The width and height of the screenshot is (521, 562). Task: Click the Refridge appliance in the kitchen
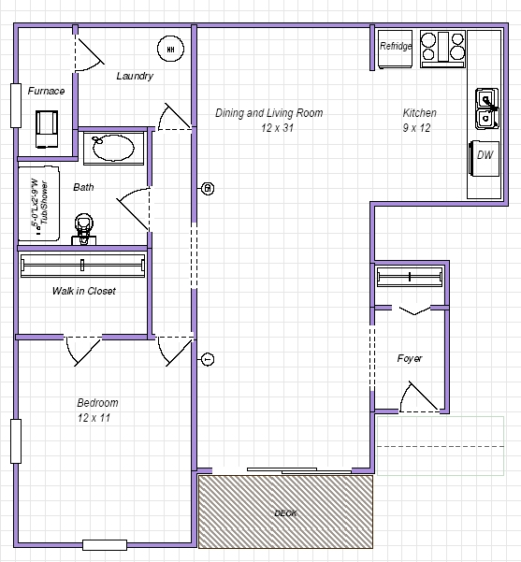pyautogui.click(x=396, y=47)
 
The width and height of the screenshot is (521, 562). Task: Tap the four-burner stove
pyautogui.click(x=442, y=48)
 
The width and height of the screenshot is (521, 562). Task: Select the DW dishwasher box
pyautogui.click(x=485, y=156)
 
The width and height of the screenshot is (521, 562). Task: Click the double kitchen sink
pyautogui.click(x=487, y=108)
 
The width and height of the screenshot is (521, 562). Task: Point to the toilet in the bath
pyautogui.click(x=84, y=227)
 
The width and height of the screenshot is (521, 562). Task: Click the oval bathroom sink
pyautogui.click(x=113, y=148)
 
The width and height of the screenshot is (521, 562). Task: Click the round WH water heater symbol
pyautogui.click(x=170, y=49)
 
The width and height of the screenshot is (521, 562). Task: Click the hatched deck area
pyautogui.click(x=286, y=512)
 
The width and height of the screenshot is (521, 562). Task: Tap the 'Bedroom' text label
pyautogui.click(x=97, y=403)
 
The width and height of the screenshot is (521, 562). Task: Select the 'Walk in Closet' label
pyautogui.click(x=84, y=291)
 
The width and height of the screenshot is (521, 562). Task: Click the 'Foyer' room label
pyautogui.click(x=410, y=358)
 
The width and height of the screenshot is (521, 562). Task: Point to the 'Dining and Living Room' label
pyautogui.click(x=268, y=113)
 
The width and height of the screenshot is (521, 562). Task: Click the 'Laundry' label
pyautogui.click(x=135, y=76)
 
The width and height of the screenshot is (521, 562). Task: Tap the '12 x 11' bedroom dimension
pyautogui.click(x=94, y=418)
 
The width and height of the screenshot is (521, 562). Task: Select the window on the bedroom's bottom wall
pyautogui.click(x=104, y=544)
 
